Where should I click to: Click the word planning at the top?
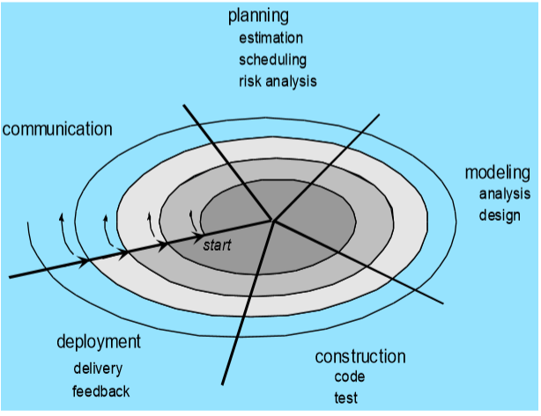258,16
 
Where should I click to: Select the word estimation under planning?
271,38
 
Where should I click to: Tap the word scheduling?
273,60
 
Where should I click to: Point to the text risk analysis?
278,81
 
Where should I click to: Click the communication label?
57,129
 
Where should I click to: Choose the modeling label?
497,172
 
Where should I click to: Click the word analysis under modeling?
505,193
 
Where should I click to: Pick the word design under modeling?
500,215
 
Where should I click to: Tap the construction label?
360,356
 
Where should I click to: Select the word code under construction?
350,376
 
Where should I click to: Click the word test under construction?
346,398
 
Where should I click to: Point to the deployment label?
99,341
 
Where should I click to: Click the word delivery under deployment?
97,369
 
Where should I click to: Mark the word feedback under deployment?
101,390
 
